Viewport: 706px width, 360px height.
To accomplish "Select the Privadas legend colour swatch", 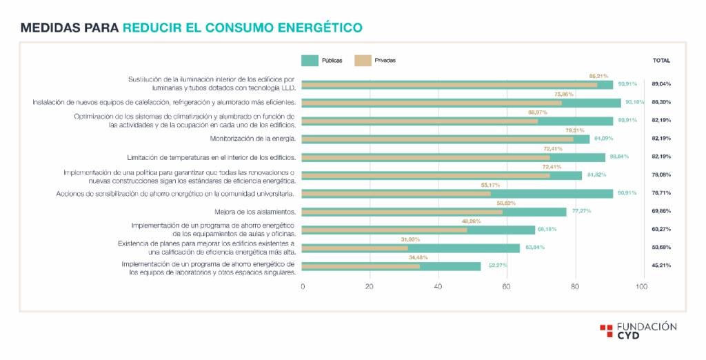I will (363, 61).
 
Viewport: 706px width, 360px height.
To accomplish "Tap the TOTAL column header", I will (661, 61).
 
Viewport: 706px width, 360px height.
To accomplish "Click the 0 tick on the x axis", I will (303, 287).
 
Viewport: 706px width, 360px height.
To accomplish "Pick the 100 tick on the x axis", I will (641, 287).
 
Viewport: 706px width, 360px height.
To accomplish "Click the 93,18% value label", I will (633, 103).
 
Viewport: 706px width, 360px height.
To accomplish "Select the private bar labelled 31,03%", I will (355, 248).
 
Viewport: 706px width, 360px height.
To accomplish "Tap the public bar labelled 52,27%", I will (391, 266).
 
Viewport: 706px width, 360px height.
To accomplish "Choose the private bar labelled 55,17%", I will (396, 194).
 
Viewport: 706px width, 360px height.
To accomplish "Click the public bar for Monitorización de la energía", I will (446, 139).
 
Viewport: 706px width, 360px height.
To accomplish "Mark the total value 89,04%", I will (661, 84).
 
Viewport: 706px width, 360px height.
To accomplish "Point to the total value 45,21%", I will (661, 266).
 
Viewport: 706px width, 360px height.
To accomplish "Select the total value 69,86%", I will (661, 211).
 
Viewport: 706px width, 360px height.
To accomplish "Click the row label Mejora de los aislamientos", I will (255, 212).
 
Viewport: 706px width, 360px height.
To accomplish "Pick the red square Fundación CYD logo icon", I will (605, 330).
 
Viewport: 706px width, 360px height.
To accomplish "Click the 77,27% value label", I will (581, 212).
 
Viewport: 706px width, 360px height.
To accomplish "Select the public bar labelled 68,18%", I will (418, 230).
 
